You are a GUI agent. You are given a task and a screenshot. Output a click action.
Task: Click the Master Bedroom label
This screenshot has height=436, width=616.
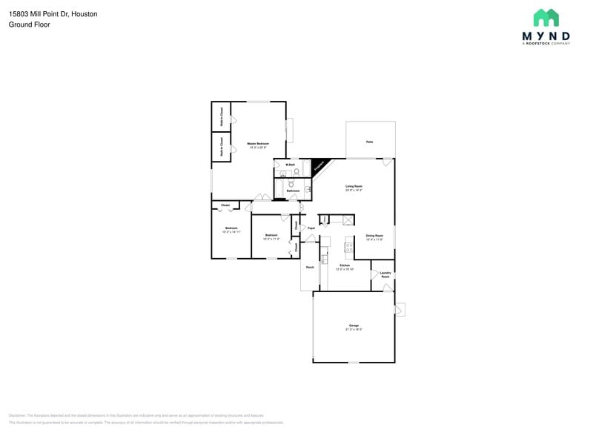tap(258, 143)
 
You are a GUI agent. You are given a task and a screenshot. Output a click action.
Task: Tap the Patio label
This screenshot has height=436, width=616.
tap(369, 142)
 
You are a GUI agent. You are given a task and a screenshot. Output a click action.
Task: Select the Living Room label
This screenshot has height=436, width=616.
tap(354, 186)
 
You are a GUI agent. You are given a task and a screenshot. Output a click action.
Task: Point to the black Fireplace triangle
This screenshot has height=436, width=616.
tap(319, 166)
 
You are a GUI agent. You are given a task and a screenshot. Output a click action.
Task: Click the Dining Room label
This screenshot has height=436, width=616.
tap(374, 236)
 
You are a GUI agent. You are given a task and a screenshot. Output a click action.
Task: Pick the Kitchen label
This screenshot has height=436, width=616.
tap(345, 265)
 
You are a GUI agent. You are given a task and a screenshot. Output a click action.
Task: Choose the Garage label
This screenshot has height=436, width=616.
tap(354, 326)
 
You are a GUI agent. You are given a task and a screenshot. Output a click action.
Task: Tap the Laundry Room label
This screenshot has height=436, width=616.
tap(385, 274)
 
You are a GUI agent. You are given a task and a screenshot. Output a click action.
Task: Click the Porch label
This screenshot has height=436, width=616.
tap(310, 267)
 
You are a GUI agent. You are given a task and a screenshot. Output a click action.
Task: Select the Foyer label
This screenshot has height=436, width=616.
tap(311, 228)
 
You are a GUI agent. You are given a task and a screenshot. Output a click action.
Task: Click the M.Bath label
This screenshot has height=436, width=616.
tap(291, 164)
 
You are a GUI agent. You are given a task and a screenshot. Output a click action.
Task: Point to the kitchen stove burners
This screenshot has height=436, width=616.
tap(348, 246)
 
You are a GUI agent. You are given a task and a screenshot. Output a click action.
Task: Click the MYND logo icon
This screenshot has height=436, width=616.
tap(546, 18)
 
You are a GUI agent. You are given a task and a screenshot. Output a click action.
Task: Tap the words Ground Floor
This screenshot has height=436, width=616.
tap(29, 24)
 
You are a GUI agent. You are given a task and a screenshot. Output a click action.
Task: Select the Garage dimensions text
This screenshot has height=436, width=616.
tap(354, 329)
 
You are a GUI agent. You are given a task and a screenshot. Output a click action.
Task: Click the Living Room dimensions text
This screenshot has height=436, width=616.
tap(354, 190)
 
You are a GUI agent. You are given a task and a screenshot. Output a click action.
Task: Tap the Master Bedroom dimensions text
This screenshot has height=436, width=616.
tap(258, 147)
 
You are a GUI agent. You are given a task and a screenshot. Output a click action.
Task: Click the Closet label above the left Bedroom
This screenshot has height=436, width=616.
tap(225, 205)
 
